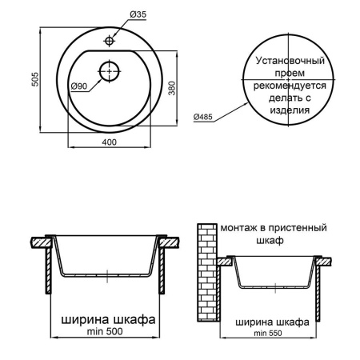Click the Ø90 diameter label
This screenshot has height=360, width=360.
(x=78, y=86)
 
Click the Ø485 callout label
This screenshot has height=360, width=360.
(x=204, y=118)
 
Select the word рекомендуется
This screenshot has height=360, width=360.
(x=290, y=85)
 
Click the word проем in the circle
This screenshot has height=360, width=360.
(x=290, y=72)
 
